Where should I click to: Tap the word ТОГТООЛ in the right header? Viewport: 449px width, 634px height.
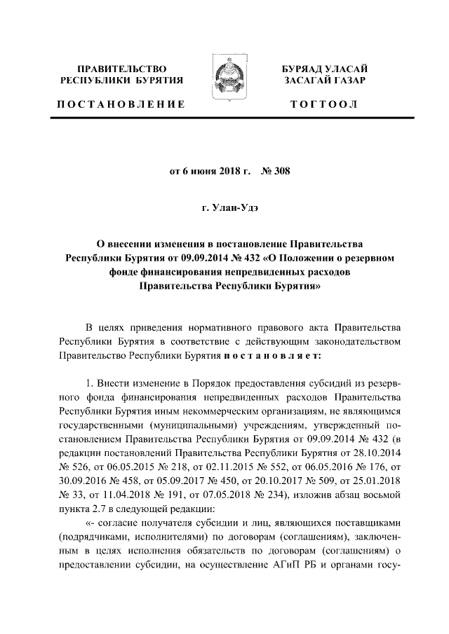324,105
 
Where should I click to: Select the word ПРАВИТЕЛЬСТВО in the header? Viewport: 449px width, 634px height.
121,69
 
